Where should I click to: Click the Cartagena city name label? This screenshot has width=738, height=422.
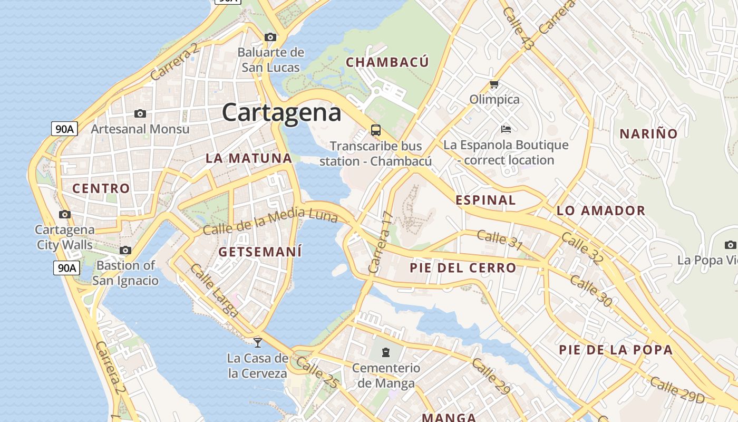click(x=281, y=112)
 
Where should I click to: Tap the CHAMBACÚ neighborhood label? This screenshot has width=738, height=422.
click(x=387, y=62)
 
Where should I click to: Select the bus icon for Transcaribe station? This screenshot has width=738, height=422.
click(x=376, y=130)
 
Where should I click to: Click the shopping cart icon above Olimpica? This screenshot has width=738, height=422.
click(x=494, y=84)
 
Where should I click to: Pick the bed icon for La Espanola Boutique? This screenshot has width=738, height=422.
click(x=506, y=129)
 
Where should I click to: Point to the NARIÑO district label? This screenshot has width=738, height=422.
click(x=648, y=133)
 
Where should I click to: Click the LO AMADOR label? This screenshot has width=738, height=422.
click(x=601, y=211)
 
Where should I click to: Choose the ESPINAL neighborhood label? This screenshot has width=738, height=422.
click(x=485, y=200)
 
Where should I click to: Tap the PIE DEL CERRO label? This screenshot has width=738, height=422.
click(x=463, y=268)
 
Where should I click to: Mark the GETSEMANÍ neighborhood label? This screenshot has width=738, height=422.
click(x=260, y=252)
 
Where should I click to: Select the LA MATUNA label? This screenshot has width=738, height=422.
click(x=248, y=158)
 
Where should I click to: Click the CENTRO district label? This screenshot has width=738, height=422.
click(x=101, y=188)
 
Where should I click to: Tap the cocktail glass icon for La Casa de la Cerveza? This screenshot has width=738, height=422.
click(x=258, y=342)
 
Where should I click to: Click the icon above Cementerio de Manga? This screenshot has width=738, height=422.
click(x=386, y=352)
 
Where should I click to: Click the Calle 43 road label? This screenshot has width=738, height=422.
click(x=518, y=30)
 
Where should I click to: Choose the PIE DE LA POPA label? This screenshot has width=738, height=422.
click(x=616, y=350)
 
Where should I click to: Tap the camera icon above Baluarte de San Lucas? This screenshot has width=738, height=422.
click(x=270, y=37)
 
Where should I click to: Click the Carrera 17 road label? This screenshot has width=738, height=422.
click(x=381, y=242)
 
